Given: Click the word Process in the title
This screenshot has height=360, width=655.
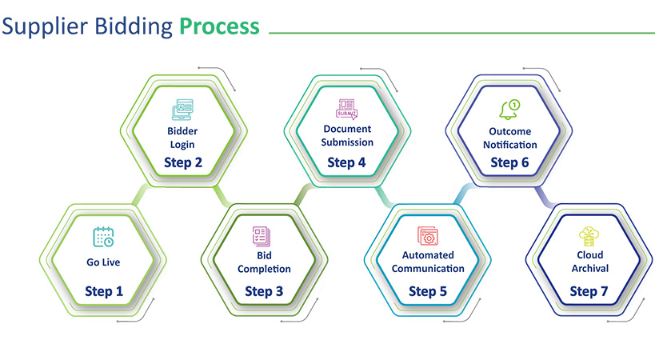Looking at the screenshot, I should (x=219, y=26).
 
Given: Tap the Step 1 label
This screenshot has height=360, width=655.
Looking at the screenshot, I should (x=104, y=291).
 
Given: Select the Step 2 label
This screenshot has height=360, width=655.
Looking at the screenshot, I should (x=183, y=162).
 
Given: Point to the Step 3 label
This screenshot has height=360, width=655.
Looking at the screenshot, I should (x=264, y=291).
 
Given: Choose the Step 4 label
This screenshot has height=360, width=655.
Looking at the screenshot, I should (x=347, y=162).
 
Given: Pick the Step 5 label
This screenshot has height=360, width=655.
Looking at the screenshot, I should (x=428, y=291).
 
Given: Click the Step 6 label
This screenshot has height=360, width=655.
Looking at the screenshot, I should (x=509, y=162).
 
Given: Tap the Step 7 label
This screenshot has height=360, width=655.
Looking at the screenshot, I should (x=589, y=291).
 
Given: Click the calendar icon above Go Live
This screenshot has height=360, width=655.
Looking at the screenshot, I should (x=103, y=237).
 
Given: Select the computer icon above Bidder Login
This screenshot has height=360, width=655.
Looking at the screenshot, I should (x=183, y=110).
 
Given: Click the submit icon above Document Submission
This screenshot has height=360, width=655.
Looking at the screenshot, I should (x=347, y=109).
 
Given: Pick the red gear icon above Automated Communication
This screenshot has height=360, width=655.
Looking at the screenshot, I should (x=427, y=236).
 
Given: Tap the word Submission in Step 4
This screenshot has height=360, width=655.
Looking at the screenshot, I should (x=347, y=142).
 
